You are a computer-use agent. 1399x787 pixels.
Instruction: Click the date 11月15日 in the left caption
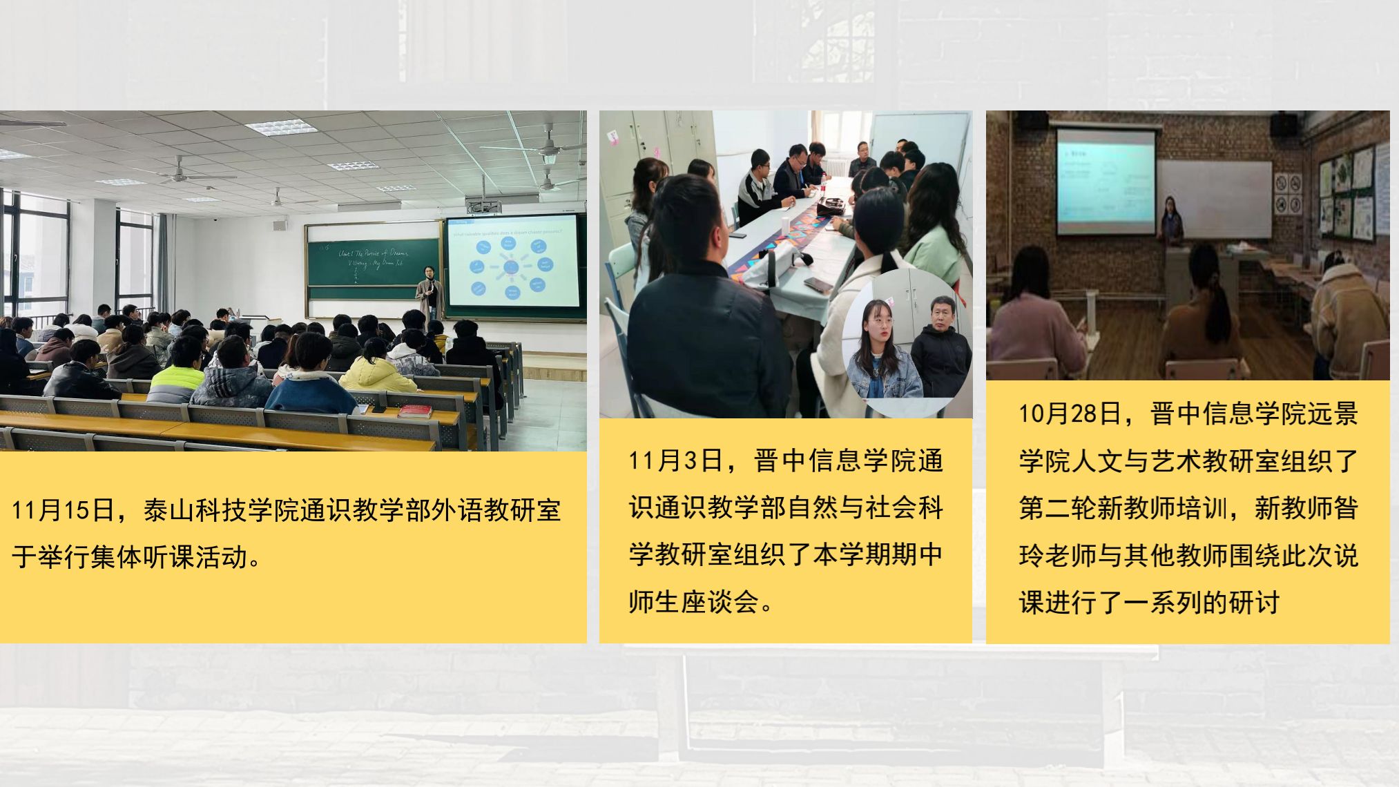coord(63,511)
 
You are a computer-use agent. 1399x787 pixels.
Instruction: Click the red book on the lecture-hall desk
coord(414,411)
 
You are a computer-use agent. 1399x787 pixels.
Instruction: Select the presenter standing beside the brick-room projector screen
coord(1170,221)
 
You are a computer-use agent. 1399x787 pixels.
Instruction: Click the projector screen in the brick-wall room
coord(1106,181)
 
